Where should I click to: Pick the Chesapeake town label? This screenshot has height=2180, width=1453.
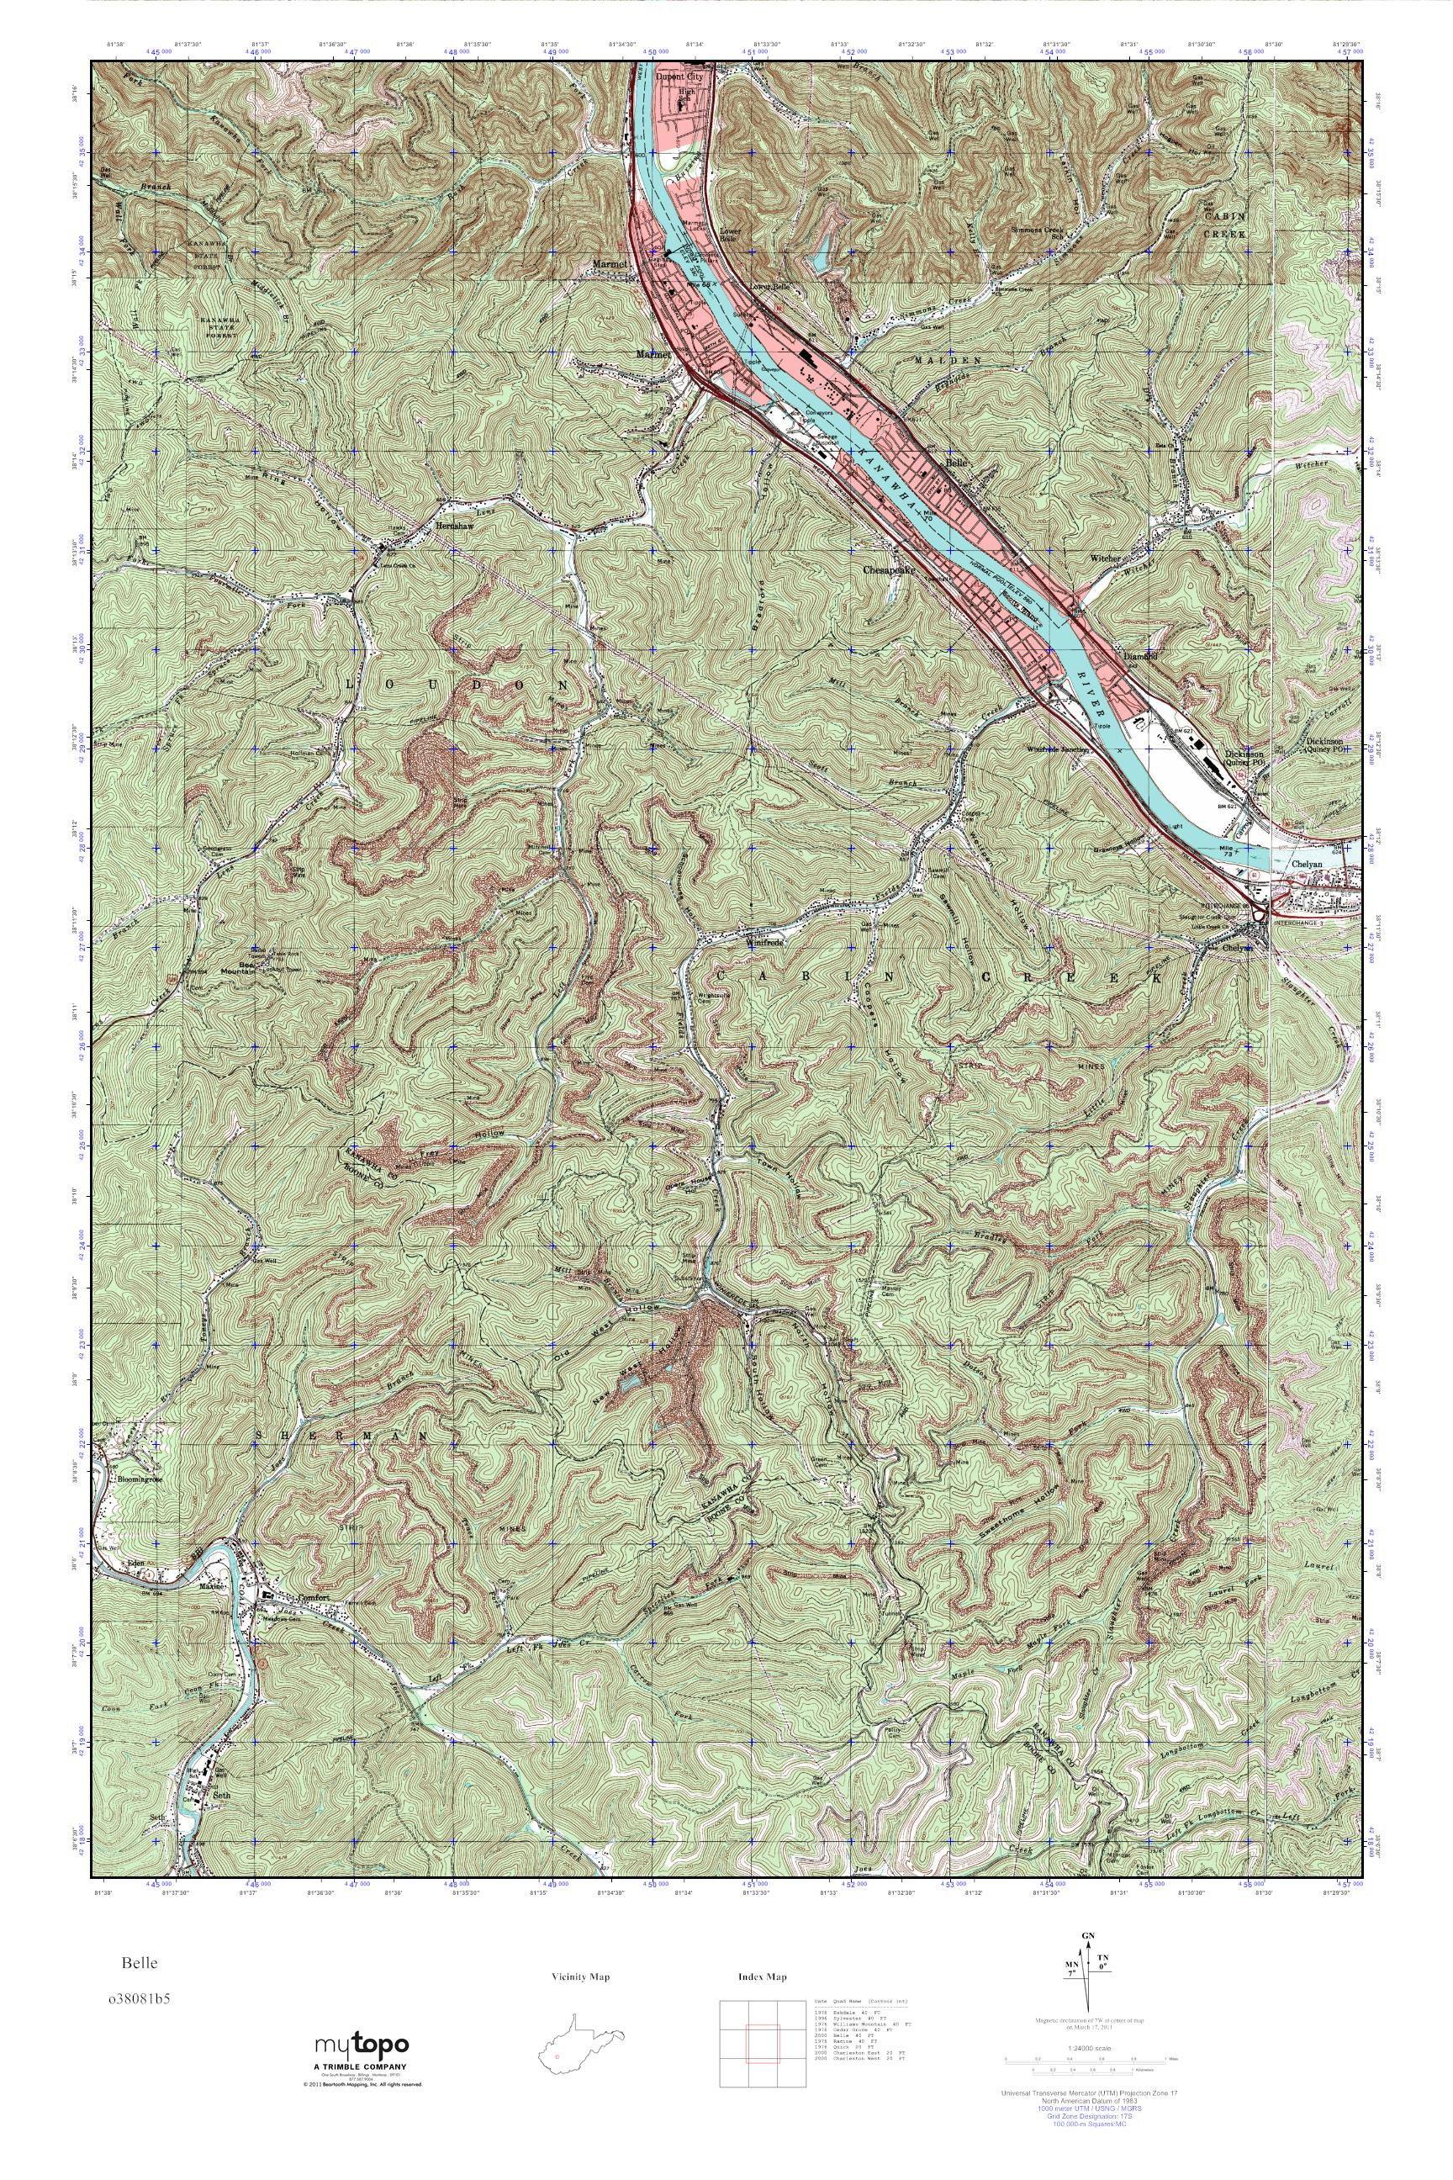tap(889, 571)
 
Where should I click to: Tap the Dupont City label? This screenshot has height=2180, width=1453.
tap(680, 78)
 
